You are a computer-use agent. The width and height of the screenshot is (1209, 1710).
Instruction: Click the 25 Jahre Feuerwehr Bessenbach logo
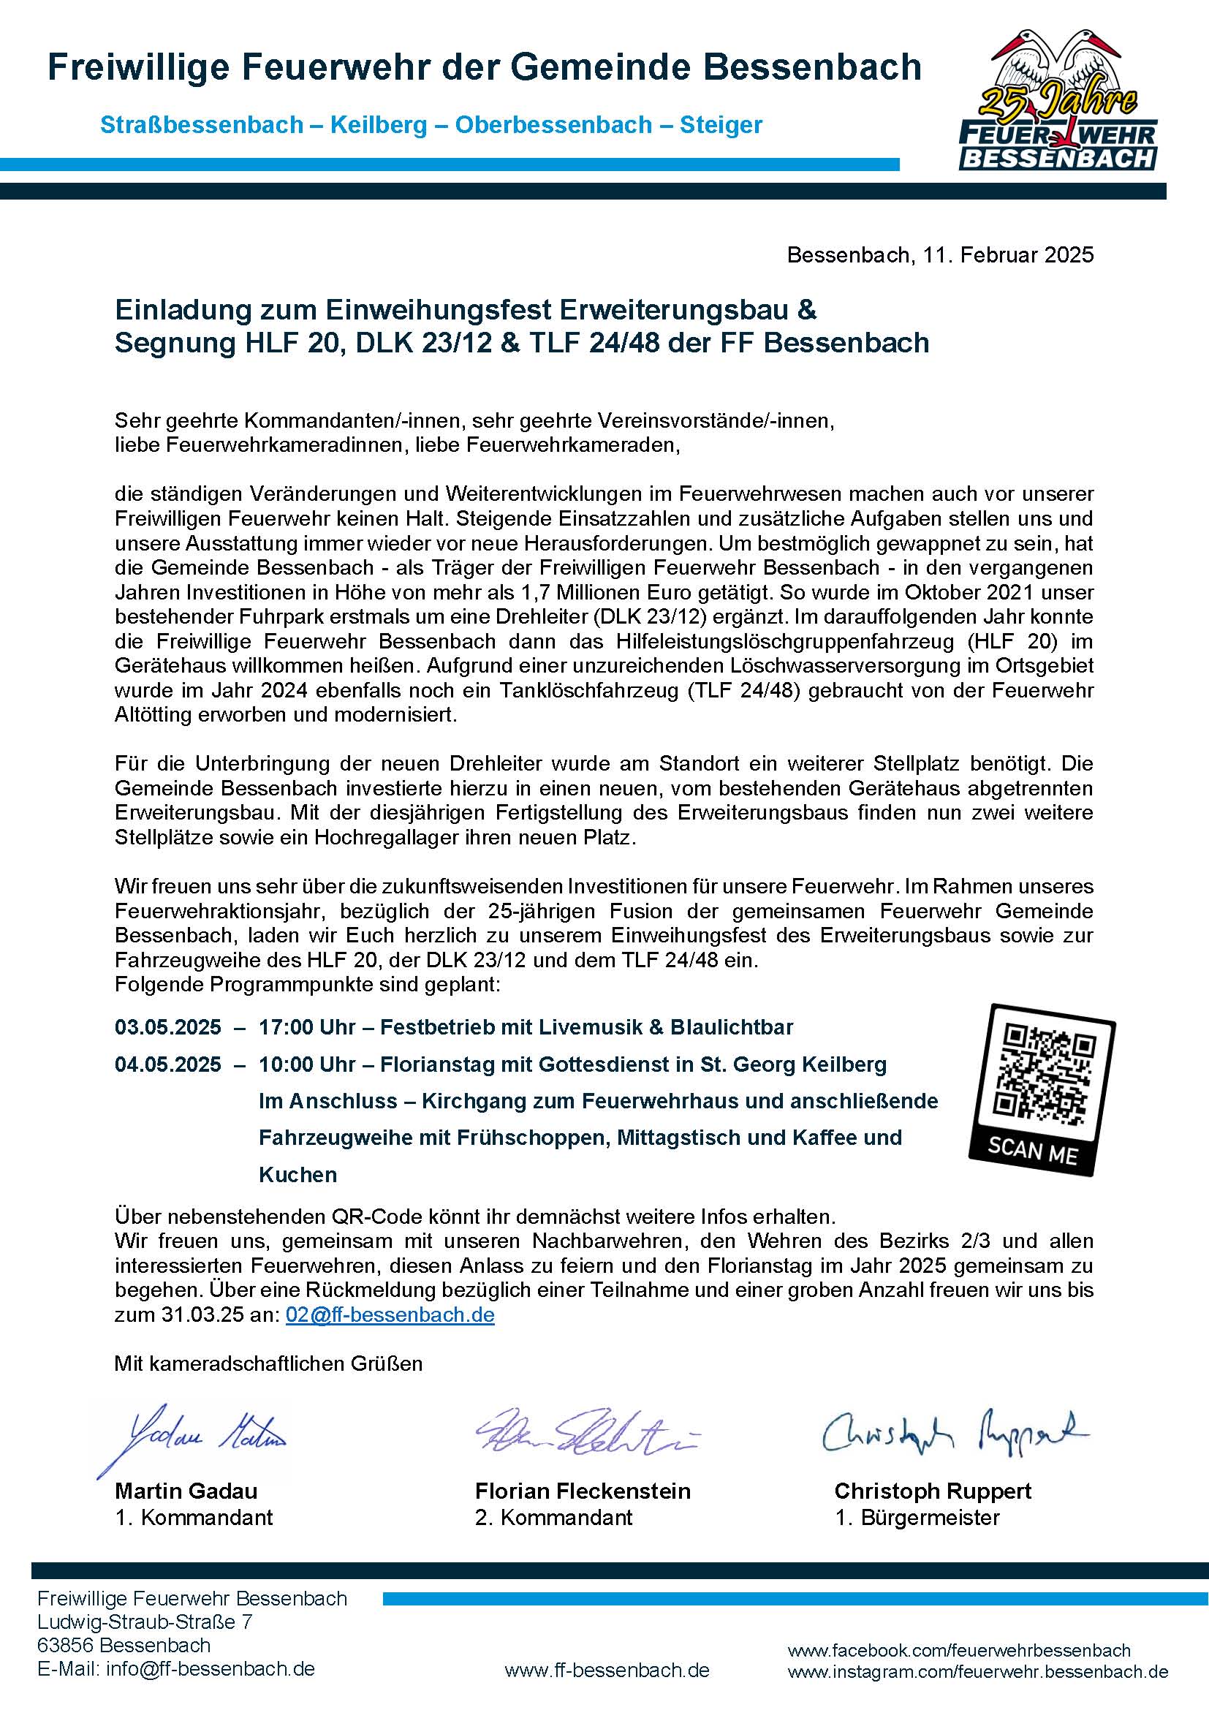click(x=1058, y=102)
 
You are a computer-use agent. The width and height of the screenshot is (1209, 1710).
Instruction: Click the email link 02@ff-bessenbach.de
click(x=390, y=1314)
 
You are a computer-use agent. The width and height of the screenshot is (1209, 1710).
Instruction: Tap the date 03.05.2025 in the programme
click(x=167, y=1027)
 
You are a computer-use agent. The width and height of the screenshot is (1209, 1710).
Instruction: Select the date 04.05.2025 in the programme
click(x=167, y=1064)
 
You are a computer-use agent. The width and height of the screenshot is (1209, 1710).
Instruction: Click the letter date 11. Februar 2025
click(x=1008, y=254)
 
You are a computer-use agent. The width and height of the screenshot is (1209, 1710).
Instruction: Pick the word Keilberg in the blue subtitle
click(x=378, y=125)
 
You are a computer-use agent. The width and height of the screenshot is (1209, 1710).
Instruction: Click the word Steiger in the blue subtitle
click(x=721, y=125)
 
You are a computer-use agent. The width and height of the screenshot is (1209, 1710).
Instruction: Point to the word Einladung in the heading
click(x=182, y=309)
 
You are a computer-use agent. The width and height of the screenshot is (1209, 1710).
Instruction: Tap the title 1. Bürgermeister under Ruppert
click(x=917, y=1517)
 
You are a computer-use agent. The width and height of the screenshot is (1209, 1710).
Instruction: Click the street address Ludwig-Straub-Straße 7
click(x=145, y=1622)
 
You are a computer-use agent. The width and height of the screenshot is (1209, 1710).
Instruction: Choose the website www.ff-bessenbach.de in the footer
click(x=607, y=1671)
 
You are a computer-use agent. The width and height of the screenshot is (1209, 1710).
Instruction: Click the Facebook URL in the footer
click(x=959, y=1651)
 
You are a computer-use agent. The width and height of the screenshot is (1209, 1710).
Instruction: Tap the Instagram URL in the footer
click(x=977, y=1671)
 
